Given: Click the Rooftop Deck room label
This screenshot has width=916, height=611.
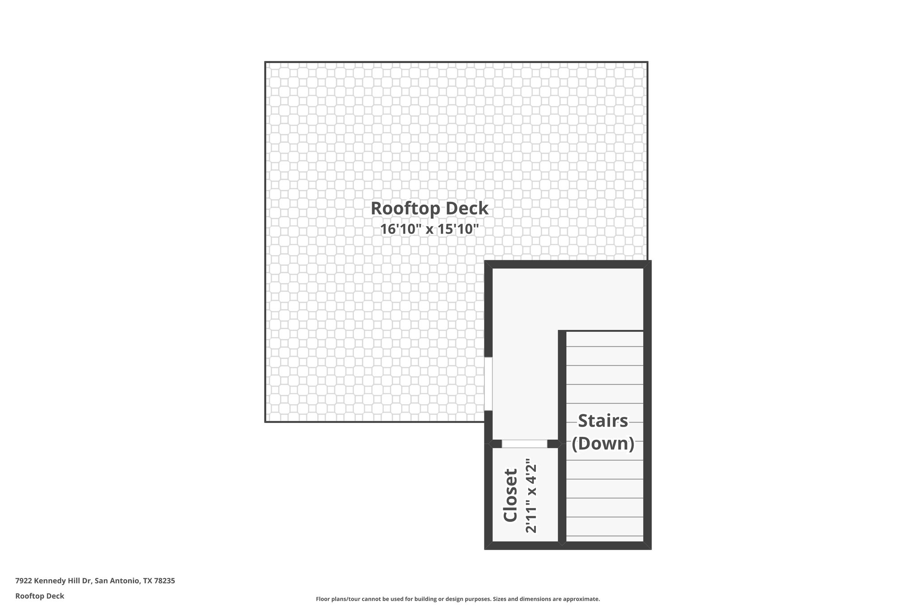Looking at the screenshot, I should (429, 209).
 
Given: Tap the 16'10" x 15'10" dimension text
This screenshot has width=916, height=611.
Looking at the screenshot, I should (429, 229).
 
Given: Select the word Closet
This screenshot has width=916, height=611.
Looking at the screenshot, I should (510, 495).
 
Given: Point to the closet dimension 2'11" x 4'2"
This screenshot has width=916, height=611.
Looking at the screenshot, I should (530, 495).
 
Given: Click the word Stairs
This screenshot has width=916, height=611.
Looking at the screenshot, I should (603, 421).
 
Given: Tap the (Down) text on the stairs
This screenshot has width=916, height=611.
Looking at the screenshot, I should (603, 444).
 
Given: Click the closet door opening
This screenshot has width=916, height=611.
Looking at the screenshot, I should (524, 444).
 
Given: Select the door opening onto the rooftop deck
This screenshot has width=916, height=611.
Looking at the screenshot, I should (488, 384).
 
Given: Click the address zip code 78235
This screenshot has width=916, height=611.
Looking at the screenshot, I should (165, 581).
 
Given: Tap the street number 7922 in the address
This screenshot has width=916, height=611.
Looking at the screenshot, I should (23, 581).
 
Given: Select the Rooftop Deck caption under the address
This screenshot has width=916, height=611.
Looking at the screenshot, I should (40, 596).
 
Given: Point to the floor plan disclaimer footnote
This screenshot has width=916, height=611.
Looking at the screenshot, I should (458, 599).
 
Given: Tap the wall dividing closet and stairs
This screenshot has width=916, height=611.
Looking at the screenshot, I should (562, 492).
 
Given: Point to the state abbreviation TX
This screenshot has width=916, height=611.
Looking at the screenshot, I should (148, 581).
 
